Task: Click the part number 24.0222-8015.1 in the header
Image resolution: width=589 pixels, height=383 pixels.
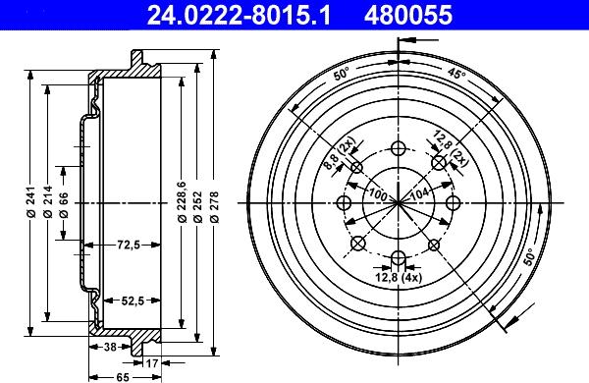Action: coord(239,15)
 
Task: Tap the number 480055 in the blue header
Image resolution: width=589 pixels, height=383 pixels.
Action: coord(408,15)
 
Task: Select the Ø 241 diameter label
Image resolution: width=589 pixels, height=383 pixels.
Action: coord(31,202)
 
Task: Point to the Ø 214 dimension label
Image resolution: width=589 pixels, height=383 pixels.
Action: coord(48,202)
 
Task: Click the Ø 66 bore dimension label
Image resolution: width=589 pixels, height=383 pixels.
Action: coord(64,205)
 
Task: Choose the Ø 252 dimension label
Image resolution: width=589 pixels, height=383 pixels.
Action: coord(197,206)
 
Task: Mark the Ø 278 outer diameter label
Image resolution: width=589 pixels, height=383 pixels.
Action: coord(214,206)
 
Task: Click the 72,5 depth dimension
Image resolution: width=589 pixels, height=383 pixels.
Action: coord(129,246)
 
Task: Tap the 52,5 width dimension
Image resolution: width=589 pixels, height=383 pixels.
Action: coord(133,301)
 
